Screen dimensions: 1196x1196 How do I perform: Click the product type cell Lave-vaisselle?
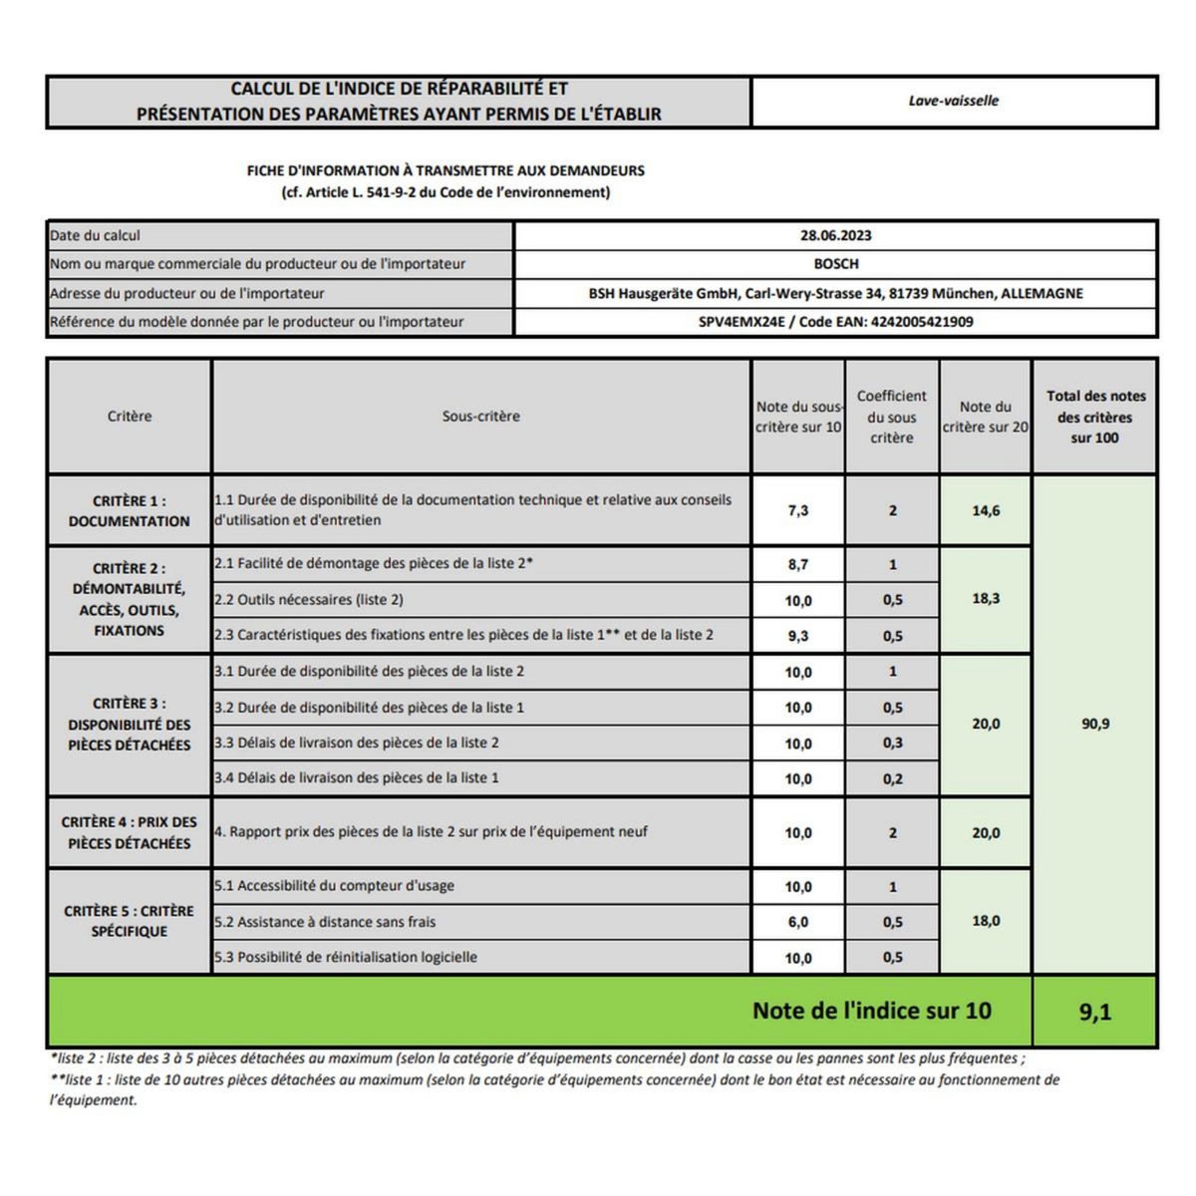tap(953, 101)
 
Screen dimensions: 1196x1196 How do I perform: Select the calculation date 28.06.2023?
tap(835, 236)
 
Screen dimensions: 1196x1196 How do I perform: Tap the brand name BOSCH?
tap(835, 264)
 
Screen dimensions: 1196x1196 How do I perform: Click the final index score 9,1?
tap(1094, 1013)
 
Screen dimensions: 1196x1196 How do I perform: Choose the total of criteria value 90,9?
tap(1094, 724)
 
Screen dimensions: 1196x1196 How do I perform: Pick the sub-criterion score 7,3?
tap(797, 510)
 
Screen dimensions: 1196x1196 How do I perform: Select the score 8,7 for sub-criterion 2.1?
tap(797, 564)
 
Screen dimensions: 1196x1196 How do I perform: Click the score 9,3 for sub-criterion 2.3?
tap(797, 636)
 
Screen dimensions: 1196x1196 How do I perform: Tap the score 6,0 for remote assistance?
tap(797, 922)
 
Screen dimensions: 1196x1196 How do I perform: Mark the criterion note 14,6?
tap(986, 510)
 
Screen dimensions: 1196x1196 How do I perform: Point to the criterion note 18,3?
tap(986, 599)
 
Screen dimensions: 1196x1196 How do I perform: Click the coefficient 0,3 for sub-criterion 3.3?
tap(892, 744)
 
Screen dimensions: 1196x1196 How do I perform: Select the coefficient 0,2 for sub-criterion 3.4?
tap(892, 779)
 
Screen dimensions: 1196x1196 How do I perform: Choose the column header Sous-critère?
tap(480, 417)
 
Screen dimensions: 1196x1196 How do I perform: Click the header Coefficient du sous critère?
tap(891, 417)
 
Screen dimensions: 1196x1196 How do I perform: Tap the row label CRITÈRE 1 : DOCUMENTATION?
tap(129, 510)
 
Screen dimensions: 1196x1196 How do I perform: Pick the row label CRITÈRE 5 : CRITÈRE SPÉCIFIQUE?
tap(129, 921)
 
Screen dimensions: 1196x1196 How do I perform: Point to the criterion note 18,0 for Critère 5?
tap(986, 921)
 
